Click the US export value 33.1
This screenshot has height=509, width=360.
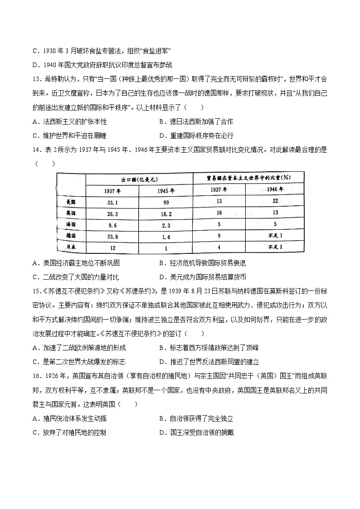pyautogui.click(x=113, y=201)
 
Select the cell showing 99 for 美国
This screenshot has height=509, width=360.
pyautogui.click(x=166, y=201)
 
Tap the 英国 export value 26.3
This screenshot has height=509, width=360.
pyautogui.click(x=113, y=212)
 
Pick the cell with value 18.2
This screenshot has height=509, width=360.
pyautogui.click(x=166, y=212)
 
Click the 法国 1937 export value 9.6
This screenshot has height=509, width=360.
pyautogui.click(x=113, y=224)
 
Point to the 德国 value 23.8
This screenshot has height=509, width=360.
pyautogui.click(x=113, y=235)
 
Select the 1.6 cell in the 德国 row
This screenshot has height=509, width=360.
pyautogui.click(x=166, y=235)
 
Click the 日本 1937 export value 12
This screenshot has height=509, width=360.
pyautogui.click(x=113, y=247)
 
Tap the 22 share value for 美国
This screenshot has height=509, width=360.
pyautogui.click(x=274, y=201)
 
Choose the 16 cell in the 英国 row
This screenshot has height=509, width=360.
pyautogui.click(x=219, y=212)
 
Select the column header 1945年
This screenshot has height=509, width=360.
pyautogui.click(x=166, y=190)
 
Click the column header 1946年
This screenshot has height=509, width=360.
pyautogui.click(x=274, y=189)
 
